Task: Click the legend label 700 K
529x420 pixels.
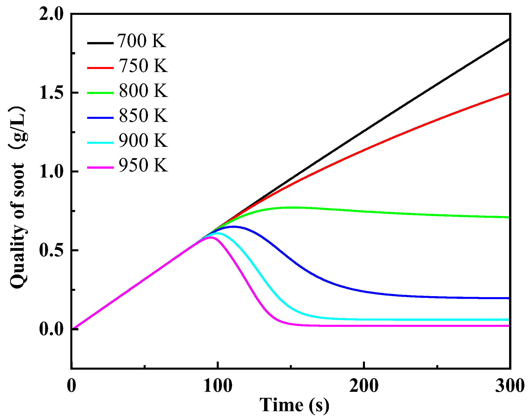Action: tap(142, 41)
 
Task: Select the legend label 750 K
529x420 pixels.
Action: tap(143, 66)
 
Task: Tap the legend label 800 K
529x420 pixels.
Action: tap(143, 91)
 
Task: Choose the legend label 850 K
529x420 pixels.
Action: tap(143, 116)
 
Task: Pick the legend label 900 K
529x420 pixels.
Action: tap(143, 141)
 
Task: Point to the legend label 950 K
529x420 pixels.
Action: tap(143, 165)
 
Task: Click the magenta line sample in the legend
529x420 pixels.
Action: tap(100, 167)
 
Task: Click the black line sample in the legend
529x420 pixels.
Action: tap(100, 43)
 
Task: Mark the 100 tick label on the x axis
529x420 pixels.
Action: tap(218, 386)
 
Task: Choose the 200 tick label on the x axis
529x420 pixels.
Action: tap(364, 386)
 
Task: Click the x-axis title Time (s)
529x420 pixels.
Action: tap(294, 405)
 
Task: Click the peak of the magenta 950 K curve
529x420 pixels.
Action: tap(210, 237)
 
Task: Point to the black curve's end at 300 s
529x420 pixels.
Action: tap(509, 39)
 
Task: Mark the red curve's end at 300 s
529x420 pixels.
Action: tap(509, 93)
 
